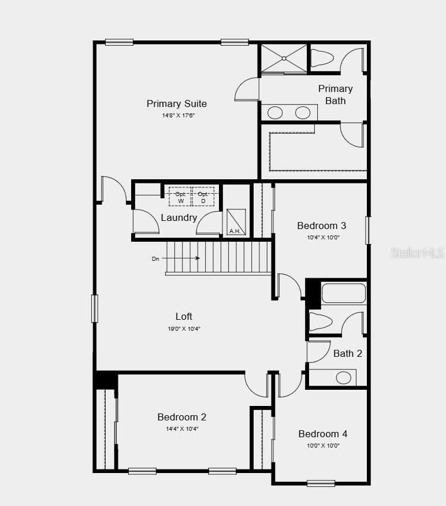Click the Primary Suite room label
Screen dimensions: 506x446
[x=176, y=104]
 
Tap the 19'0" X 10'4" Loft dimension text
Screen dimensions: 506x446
[x=184, y=328]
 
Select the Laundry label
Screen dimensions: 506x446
[x=179, y=217]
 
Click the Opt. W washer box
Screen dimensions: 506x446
[x=180, y=197]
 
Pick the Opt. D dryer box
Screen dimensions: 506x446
[x=203, y=197]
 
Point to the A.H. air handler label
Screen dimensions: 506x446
[x=235, y=231]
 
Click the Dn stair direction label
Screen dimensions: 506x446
[x=155, y=258]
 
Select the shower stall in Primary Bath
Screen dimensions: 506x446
[x=283, y=58]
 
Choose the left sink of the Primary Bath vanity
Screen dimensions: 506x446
[x=274, y=112]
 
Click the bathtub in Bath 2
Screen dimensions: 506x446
[x=343, y=293]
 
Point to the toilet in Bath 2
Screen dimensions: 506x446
[x=321, y=321]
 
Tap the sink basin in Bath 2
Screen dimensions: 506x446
[x=344, y=378]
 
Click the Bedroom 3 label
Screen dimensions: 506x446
[x=321, y=226]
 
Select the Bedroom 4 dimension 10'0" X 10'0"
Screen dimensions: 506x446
[x=323, y=445]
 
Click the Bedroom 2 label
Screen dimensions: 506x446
[x=182, y=417]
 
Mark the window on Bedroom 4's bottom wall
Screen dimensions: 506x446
[x=321, y=483]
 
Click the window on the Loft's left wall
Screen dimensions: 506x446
[x=95, y=308]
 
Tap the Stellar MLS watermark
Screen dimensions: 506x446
[x=417, y=253]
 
